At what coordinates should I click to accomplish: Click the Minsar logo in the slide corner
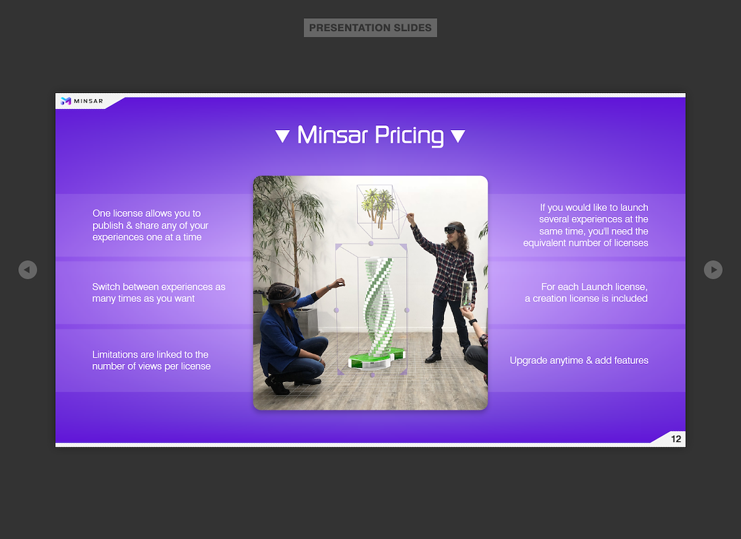coord(82,100)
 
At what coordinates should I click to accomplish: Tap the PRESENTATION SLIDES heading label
coord(370,28)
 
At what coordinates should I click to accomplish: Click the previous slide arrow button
coord(28,269)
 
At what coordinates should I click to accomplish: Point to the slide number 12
coord(676,439)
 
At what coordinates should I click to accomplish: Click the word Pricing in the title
coord(410,135)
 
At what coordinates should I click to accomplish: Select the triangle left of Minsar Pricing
coord(283,136)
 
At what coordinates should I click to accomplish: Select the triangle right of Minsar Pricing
coord(458,136)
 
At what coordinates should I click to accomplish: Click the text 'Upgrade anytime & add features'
coord(579,360)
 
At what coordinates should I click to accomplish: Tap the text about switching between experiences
coord(159,292)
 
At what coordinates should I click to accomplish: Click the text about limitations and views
coord(151,360)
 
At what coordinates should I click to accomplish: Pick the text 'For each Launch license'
coord(594,287)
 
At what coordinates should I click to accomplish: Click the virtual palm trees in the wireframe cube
coord(378,205)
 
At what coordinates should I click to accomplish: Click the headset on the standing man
coord(453,229)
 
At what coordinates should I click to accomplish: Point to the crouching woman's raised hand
coord(337,284)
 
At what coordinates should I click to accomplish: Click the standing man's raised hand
coord(410,218)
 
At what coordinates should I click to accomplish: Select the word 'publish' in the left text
coord(108,226)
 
